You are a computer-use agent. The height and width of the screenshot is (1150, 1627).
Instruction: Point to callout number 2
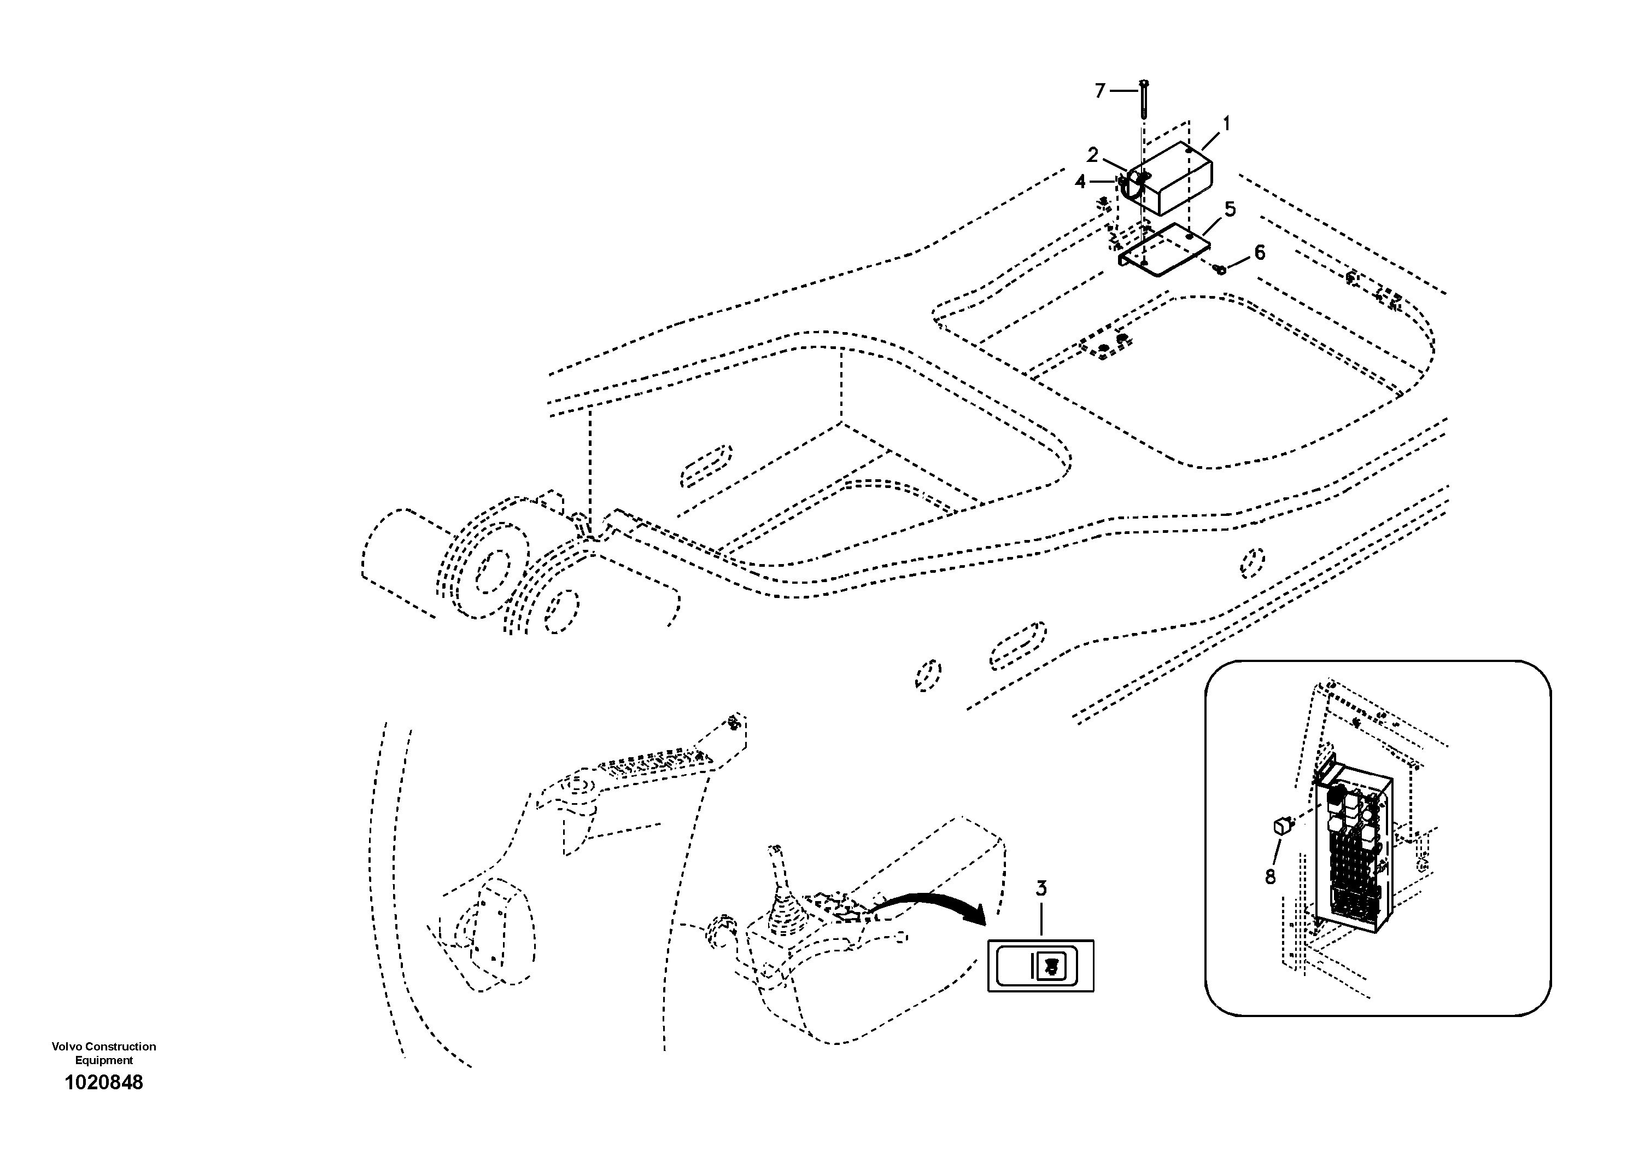(x=1093, y=155)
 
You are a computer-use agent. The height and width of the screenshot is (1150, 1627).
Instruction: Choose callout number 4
(x=1080, y=182)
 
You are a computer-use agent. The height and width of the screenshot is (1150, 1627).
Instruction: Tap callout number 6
(x=1259, y=252)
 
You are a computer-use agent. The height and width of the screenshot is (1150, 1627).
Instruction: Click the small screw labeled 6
(x=1220, y=269)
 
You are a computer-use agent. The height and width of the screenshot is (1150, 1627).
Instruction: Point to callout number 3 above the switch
(x=1041, y=888)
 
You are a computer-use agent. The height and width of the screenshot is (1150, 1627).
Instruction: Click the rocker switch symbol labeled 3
(x=1040, y=965)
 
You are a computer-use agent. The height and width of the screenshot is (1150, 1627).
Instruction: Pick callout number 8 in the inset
(x=1270, y=878)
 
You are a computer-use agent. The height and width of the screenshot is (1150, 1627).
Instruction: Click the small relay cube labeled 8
(x=1281, y=825)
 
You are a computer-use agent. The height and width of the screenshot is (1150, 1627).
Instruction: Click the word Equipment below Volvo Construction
(x=104, y=1061)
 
